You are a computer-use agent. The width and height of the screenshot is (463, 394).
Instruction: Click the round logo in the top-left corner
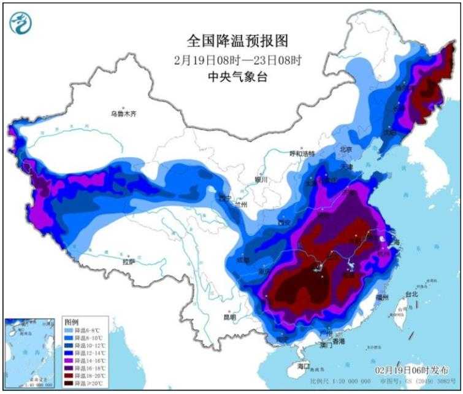coord(21,23)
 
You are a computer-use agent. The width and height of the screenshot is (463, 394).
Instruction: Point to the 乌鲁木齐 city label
coord(126,114)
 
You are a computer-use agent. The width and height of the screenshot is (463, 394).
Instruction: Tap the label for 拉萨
coord(128,261)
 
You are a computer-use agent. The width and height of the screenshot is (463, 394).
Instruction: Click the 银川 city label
coord(261,180)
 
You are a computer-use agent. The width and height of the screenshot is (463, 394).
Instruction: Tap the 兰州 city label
coord(240,204)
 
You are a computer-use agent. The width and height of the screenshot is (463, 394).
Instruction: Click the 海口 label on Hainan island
coord(304,366)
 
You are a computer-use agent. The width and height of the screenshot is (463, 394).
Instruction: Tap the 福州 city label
coord(383,298)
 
